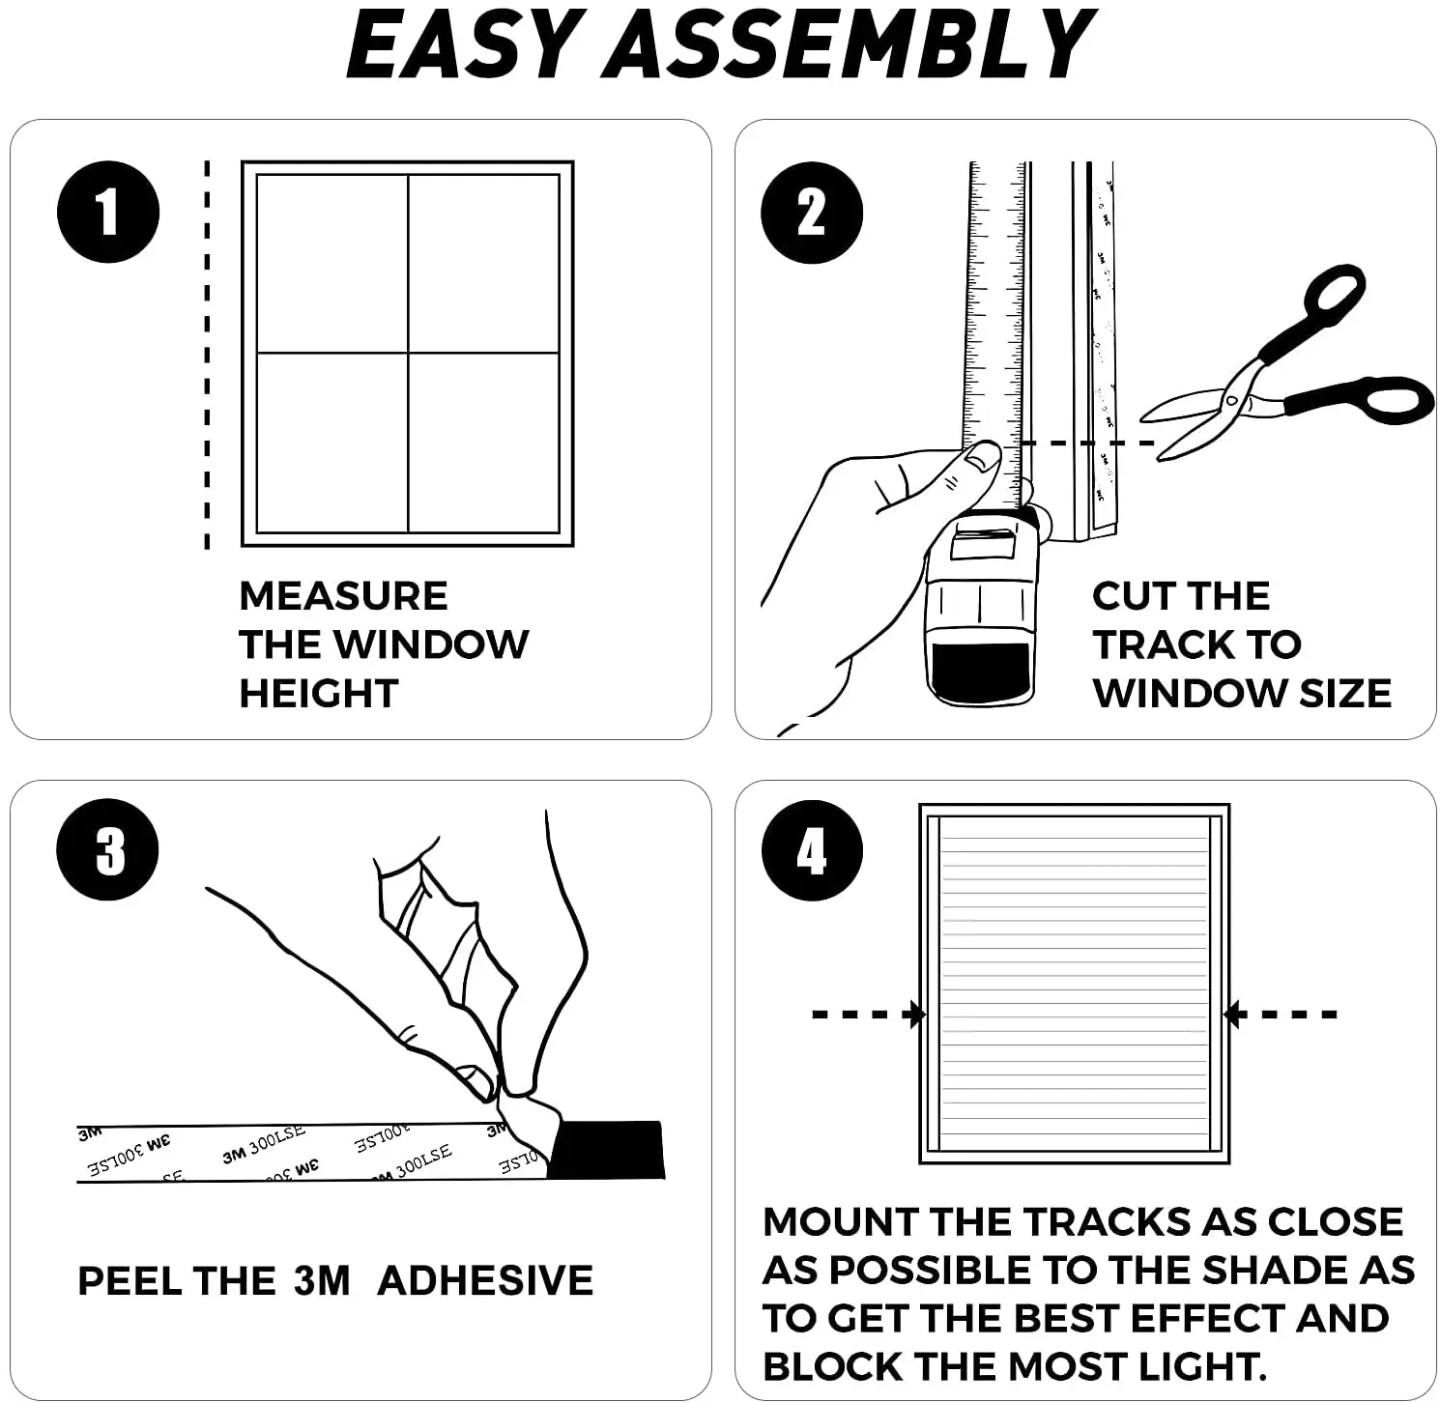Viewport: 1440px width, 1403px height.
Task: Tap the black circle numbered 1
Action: pos(107,212)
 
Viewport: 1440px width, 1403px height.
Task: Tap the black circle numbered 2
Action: pos(811,213)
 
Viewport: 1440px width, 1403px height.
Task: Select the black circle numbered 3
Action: pos(107,850)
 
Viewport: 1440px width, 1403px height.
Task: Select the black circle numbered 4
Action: pos(811,851)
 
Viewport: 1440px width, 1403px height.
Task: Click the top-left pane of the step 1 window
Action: pos(331,263)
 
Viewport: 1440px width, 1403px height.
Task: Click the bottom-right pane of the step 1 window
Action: pos(483,442)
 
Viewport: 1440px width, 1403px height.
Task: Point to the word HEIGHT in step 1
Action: pos(318,694)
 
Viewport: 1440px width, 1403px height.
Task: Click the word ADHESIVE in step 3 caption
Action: pos(485,1281)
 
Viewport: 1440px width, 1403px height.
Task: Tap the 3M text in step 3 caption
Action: pos(322,1281)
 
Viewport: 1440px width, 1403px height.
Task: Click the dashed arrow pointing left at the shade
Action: pos(1282,1015)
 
